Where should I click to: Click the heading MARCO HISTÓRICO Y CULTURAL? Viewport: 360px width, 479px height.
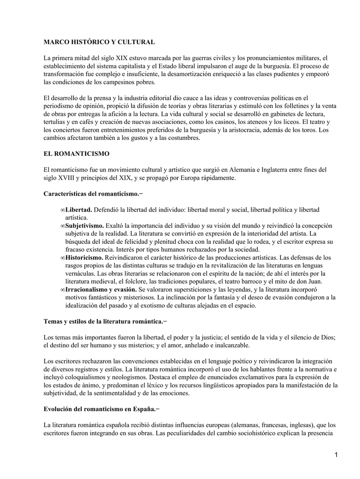point(99,42)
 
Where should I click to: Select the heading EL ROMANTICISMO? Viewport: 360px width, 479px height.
point(76,153)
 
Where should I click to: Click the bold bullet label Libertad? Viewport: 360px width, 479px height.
point(79,210)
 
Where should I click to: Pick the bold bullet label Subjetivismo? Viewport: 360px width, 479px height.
point(85,225)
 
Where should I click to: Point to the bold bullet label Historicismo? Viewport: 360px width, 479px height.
point(84,257)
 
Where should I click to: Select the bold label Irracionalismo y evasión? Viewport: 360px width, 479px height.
point(101,290)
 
